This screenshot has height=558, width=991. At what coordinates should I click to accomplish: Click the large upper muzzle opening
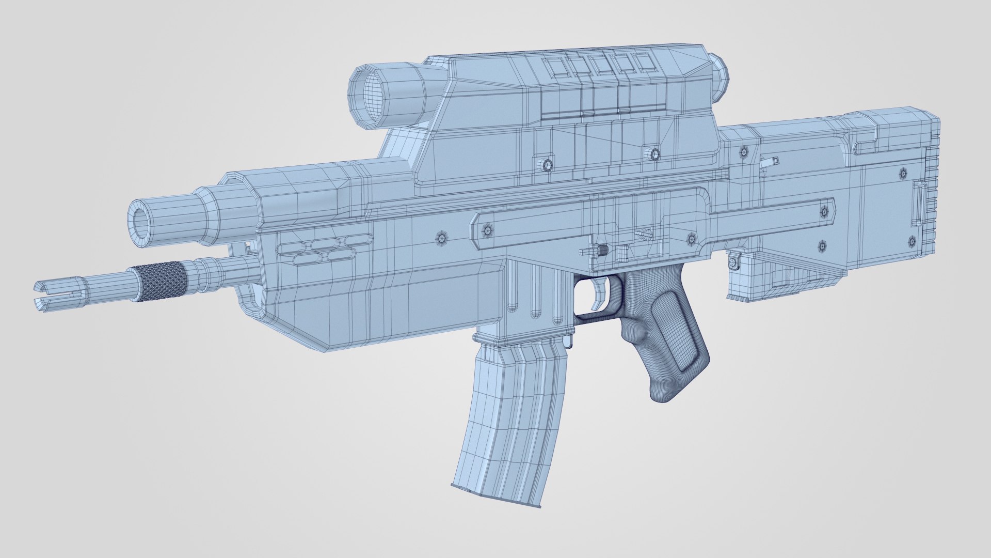click(140, 221)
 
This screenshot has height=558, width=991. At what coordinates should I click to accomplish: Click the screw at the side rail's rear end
click(824, 211)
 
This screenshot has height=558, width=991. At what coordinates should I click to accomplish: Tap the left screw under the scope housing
click(548, 164)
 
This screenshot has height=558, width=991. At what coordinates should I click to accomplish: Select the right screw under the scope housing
click(655, 154)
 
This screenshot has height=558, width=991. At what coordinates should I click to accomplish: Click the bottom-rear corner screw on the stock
click(912, 241)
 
